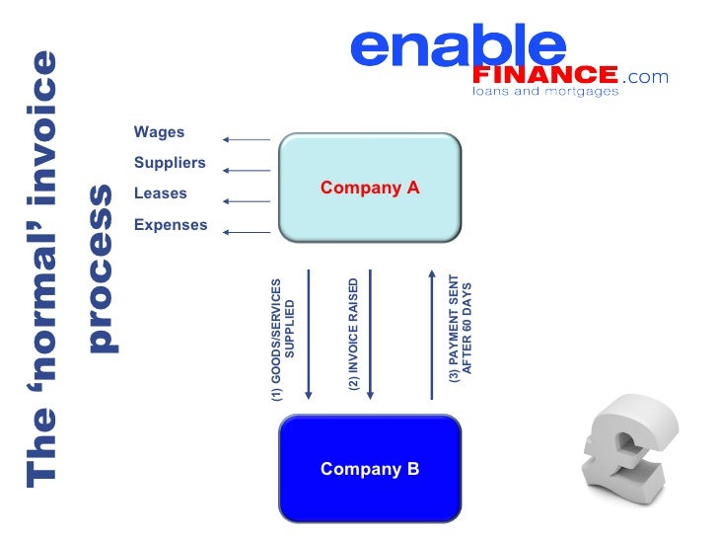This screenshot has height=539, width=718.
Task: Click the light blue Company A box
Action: [370, 187]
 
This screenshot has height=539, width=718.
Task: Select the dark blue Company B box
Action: [370, 468]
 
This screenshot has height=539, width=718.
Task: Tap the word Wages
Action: [159, 132]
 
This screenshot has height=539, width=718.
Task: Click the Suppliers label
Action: [170, 163]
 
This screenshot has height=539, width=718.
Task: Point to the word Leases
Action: [160, 193]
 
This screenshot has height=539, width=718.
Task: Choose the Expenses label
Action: [171, 225]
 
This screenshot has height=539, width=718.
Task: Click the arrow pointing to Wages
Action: [247, 139]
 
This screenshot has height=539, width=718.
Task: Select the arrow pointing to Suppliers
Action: [247, 170]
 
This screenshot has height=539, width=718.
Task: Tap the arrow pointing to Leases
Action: [247, 201]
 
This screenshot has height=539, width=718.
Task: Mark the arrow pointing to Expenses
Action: [247, 232]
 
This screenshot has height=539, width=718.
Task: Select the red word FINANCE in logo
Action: [545, 75]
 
